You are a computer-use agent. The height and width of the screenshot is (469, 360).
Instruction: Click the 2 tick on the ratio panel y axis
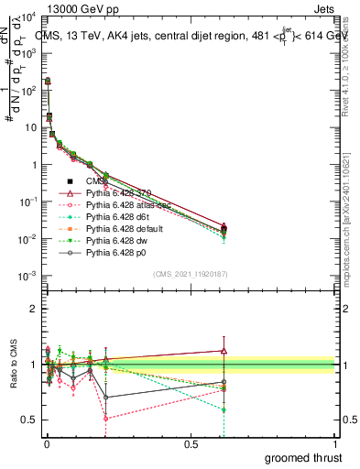[33, 309]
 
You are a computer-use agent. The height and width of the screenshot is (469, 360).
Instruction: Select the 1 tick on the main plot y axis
[33, 165]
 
